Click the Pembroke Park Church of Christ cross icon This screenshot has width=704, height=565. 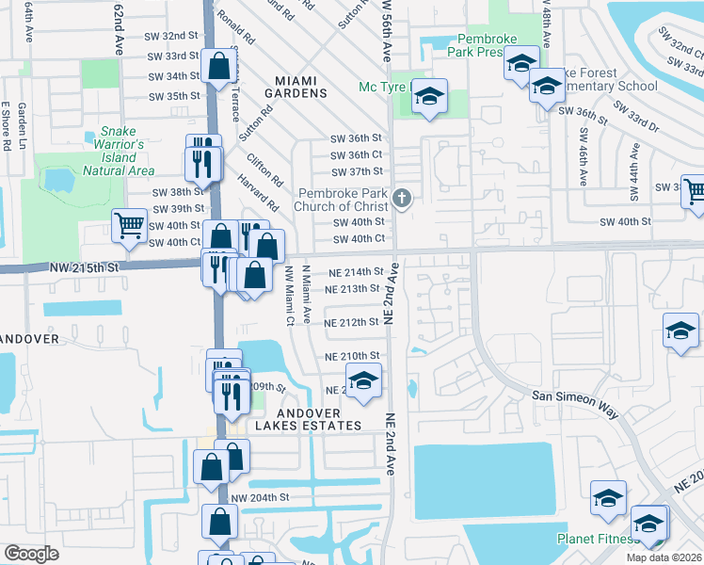pos(403,198)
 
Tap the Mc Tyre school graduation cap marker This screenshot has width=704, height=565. pos(429,98)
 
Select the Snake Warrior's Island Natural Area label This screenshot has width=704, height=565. pos(119,152)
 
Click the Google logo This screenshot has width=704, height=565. pos(31,554)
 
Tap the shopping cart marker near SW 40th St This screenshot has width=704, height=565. pos(129,225)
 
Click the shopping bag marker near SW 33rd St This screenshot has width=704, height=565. pos(218,68)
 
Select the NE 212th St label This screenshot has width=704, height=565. pos(351,322)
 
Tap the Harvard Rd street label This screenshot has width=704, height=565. pos(258,192)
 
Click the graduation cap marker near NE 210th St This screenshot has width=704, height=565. pos(362,382)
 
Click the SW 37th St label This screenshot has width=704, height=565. pos(357,171)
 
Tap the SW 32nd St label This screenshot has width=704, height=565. pos(174,35)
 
